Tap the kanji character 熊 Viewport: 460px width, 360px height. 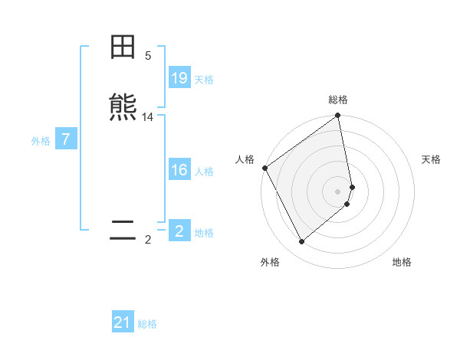click(x=123, y=108)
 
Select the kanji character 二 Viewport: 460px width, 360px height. click(x=123, y=231)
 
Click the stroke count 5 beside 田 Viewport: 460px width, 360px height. click(x=148, y=56)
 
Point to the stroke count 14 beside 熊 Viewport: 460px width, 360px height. click(x=148, y=117)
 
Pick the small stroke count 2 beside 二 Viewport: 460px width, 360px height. click(x=148, y=240)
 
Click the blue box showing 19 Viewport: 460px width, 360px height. click(x=179, y=78)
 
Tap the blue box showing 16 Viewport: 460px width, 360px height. click(x=179, y=170)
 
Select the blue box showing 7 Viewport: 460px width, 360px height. click(x=66, y=139)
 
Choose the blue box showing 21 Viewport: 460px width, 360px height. click(x=123, y=323)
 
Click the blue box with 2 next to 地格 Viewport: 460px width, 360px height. click(x=179, y=231)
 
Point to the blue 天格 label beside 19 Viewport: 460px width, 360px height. click(x=204, y=79)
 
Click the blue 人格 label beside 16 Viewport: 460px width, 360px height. click(x=204, y=171)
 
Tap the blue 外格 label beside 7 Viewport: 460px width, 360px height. click(x=40, y=140)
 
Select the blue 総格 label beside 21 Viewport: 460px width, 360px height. click(x=147, y=324)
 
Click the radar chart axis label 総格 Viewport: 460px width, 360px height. click(x=338, y=100)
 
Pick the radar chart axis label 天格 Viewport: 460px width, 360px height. click(x=431, y=159)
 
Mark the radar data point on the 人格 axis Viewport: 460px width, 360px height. click(x=264, y=168)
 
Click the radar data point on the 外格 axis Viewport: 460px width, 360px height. click(x=301, y=242)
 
